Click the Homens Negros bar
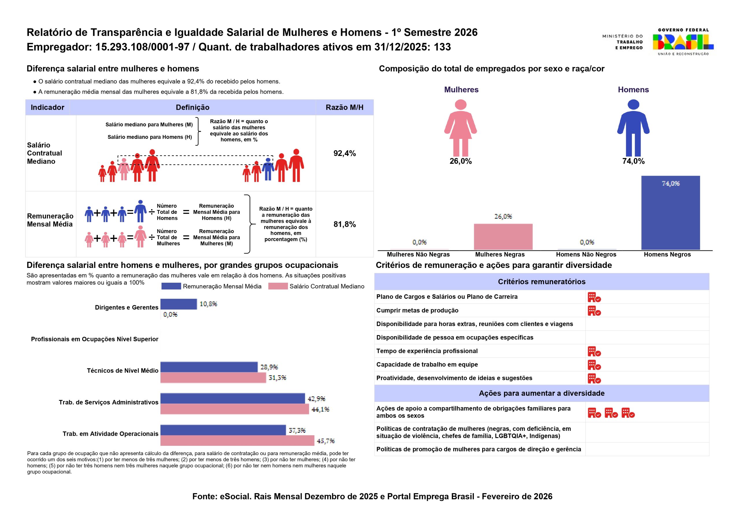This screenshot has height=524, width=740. (670, 213)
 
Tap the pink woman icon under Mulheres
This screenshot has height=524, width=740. (460, 128)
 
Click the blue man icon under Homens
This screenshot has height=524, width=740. (633, 128)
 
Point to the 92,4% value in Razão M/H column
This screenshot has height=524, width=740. (345, 153)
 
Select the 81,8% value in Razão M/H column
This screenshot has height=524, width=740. (345, 224)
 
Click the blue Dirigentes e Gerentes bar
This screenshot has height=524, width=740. (179, 304)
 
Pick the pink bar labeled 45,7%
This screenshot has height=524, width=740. (237, 440)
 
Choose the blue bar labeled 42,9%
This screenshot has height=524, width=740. (233, 398)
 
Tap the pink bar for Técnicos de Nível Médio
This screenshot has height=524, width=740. (213, 378)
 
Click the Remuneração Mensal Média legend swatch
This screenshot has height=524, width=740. (171, 286)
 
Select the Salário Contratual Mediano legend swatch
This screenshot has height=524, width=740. (278, 286)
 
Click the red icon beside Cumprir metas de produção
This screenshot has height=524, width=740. (594, 311)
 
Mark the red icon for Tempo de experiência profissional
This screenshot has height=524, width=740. (594, 351)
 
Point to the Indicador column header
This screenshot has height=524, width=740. (47, 107)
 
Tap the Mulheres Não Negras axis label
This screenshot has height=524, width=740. (418, 255)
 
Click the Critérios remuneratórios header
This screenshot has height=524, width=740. (542, 282)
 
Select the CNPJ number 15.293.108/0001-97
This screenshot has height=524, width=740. (143, 47)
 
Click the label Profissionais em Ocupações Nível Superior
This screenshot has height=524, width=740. (95, 339)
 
